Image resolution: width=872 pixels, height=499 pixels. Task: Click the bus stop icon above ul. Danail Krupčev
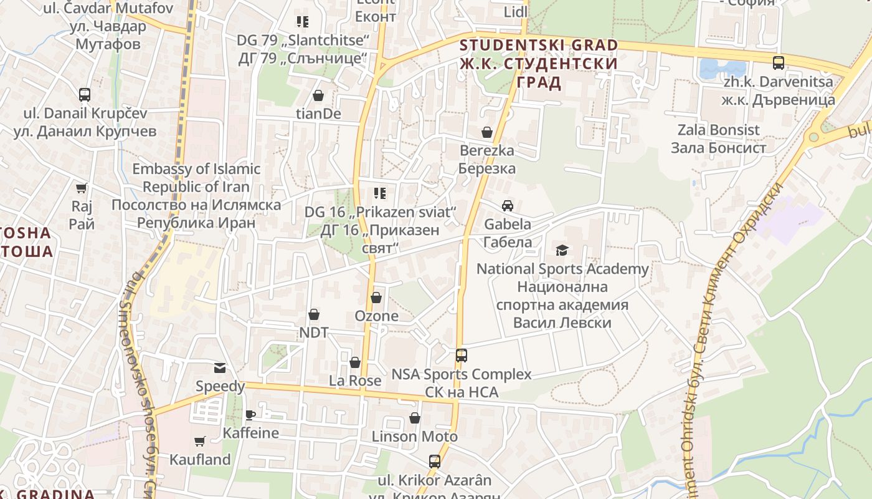(x=85, y=95)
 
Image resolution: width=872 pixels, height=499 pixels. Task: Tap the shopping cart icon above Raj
(x=82, y=188)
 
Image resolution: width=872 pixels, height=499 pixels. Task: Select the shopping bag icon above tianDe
(x=318, y=95)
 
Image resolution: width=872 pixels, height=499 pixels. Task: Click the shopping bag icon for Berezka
(x=487, y=132)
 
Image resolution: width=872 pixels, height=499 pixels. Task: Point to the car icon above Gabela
(x=508, y=206)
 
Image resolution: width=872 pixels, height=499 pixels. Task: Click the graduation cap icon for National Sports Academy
(x=562, y=251)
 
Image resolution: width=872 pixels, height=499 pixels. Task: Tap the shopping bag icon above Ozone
(x=376, y=298)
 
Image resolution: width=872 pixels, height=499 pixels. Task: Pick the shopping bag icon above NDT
(x=314, y=314)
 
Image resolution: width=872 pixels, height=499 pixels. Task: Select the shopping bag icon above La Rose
(x=355, y=362)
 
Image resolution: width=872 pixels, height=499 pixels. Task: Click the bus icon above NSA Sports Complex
(x=462, y=356)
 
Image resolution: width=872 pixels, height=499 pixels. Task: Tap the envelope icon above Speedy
(x=220, y=368)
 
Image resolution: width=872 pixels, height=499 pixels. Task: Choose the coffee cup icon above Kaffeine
(x=250, y=414)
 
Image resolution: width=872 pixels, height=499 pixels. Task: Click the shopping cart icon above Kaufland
(x=200, y=442)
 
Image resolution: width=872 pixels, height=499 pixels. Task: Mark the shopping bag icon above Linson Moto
(x=415, y=418)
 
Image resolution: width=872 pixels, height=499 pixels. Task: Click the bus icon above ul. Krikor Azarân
(x=435, y=462)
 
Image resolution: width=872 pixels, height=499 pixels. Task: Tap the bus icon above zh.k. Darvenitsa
(x=779, y=62)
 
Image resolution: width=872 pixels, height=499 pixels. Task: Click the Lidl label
(x=515, y=12)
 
